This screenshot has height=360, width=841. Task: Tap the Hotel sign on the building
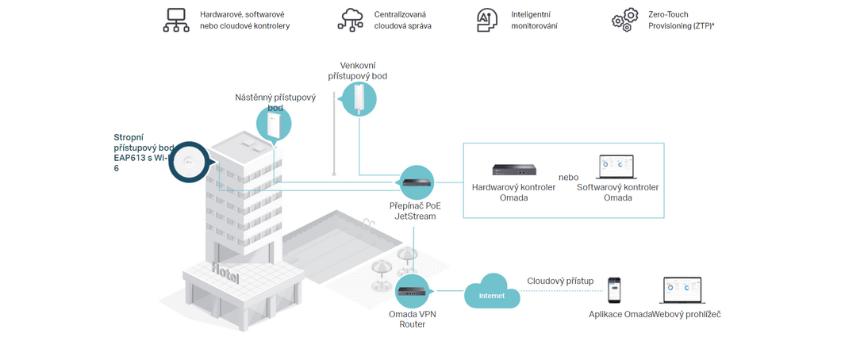(x=226, y=273)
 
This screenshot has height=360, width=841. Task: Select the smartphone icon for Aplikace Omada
(x=614, y=292)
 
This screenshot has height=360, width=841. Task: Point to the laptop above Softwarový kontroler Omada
(x=617, y=168)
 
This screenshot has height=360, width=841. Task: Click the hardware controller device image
(x=514, y=169)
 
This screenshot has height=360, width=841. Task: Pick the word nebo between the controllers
(x=569, y=177)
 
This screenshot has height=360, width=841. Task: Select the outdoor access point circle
(x=359, y=98)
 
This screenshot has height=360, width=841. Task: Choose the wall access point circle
(x=274, y=124)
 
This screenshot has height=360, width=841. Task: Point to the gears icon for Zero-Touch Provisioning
(x=625, y=20)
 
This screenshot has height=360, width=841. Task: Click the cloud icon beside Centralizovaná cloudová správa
(x=350, y=19)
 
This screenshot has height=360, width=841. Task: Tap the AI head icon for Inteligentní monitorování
(x=488, y=19)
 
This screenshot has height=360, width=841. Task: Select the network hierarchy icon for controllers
(x=176, y=20)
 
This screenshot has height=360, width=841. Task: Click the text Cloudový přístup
(x=560, y=281)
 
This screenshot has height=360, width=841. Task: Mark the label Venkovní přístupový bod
(x=357, y=71)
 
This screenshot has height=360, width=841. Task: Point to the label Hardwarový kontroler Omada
(x=514, y=193)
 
